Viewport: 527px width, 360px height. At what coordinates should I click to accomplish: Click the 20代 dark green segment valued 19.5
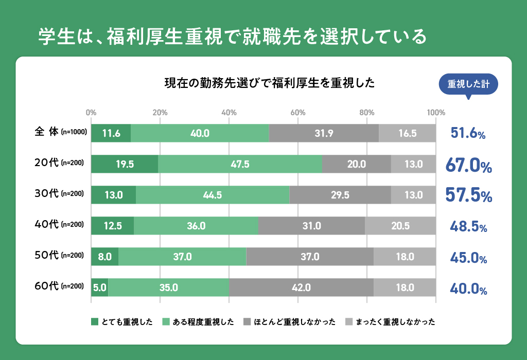125,165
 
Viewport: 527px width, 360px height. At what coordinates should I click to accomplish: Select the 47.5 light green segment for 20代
240,165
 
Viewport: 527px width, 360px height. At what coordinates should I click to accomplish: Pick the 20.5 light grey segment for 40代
400,226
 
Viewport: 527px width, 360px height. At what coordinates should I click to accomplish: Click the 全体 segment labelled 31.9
324,134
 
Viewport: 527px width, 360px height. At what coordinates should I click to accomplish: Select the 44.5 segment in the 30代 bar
213,195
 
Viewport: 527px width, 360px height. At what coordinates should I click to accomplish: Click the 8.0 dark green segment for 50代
104,257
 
